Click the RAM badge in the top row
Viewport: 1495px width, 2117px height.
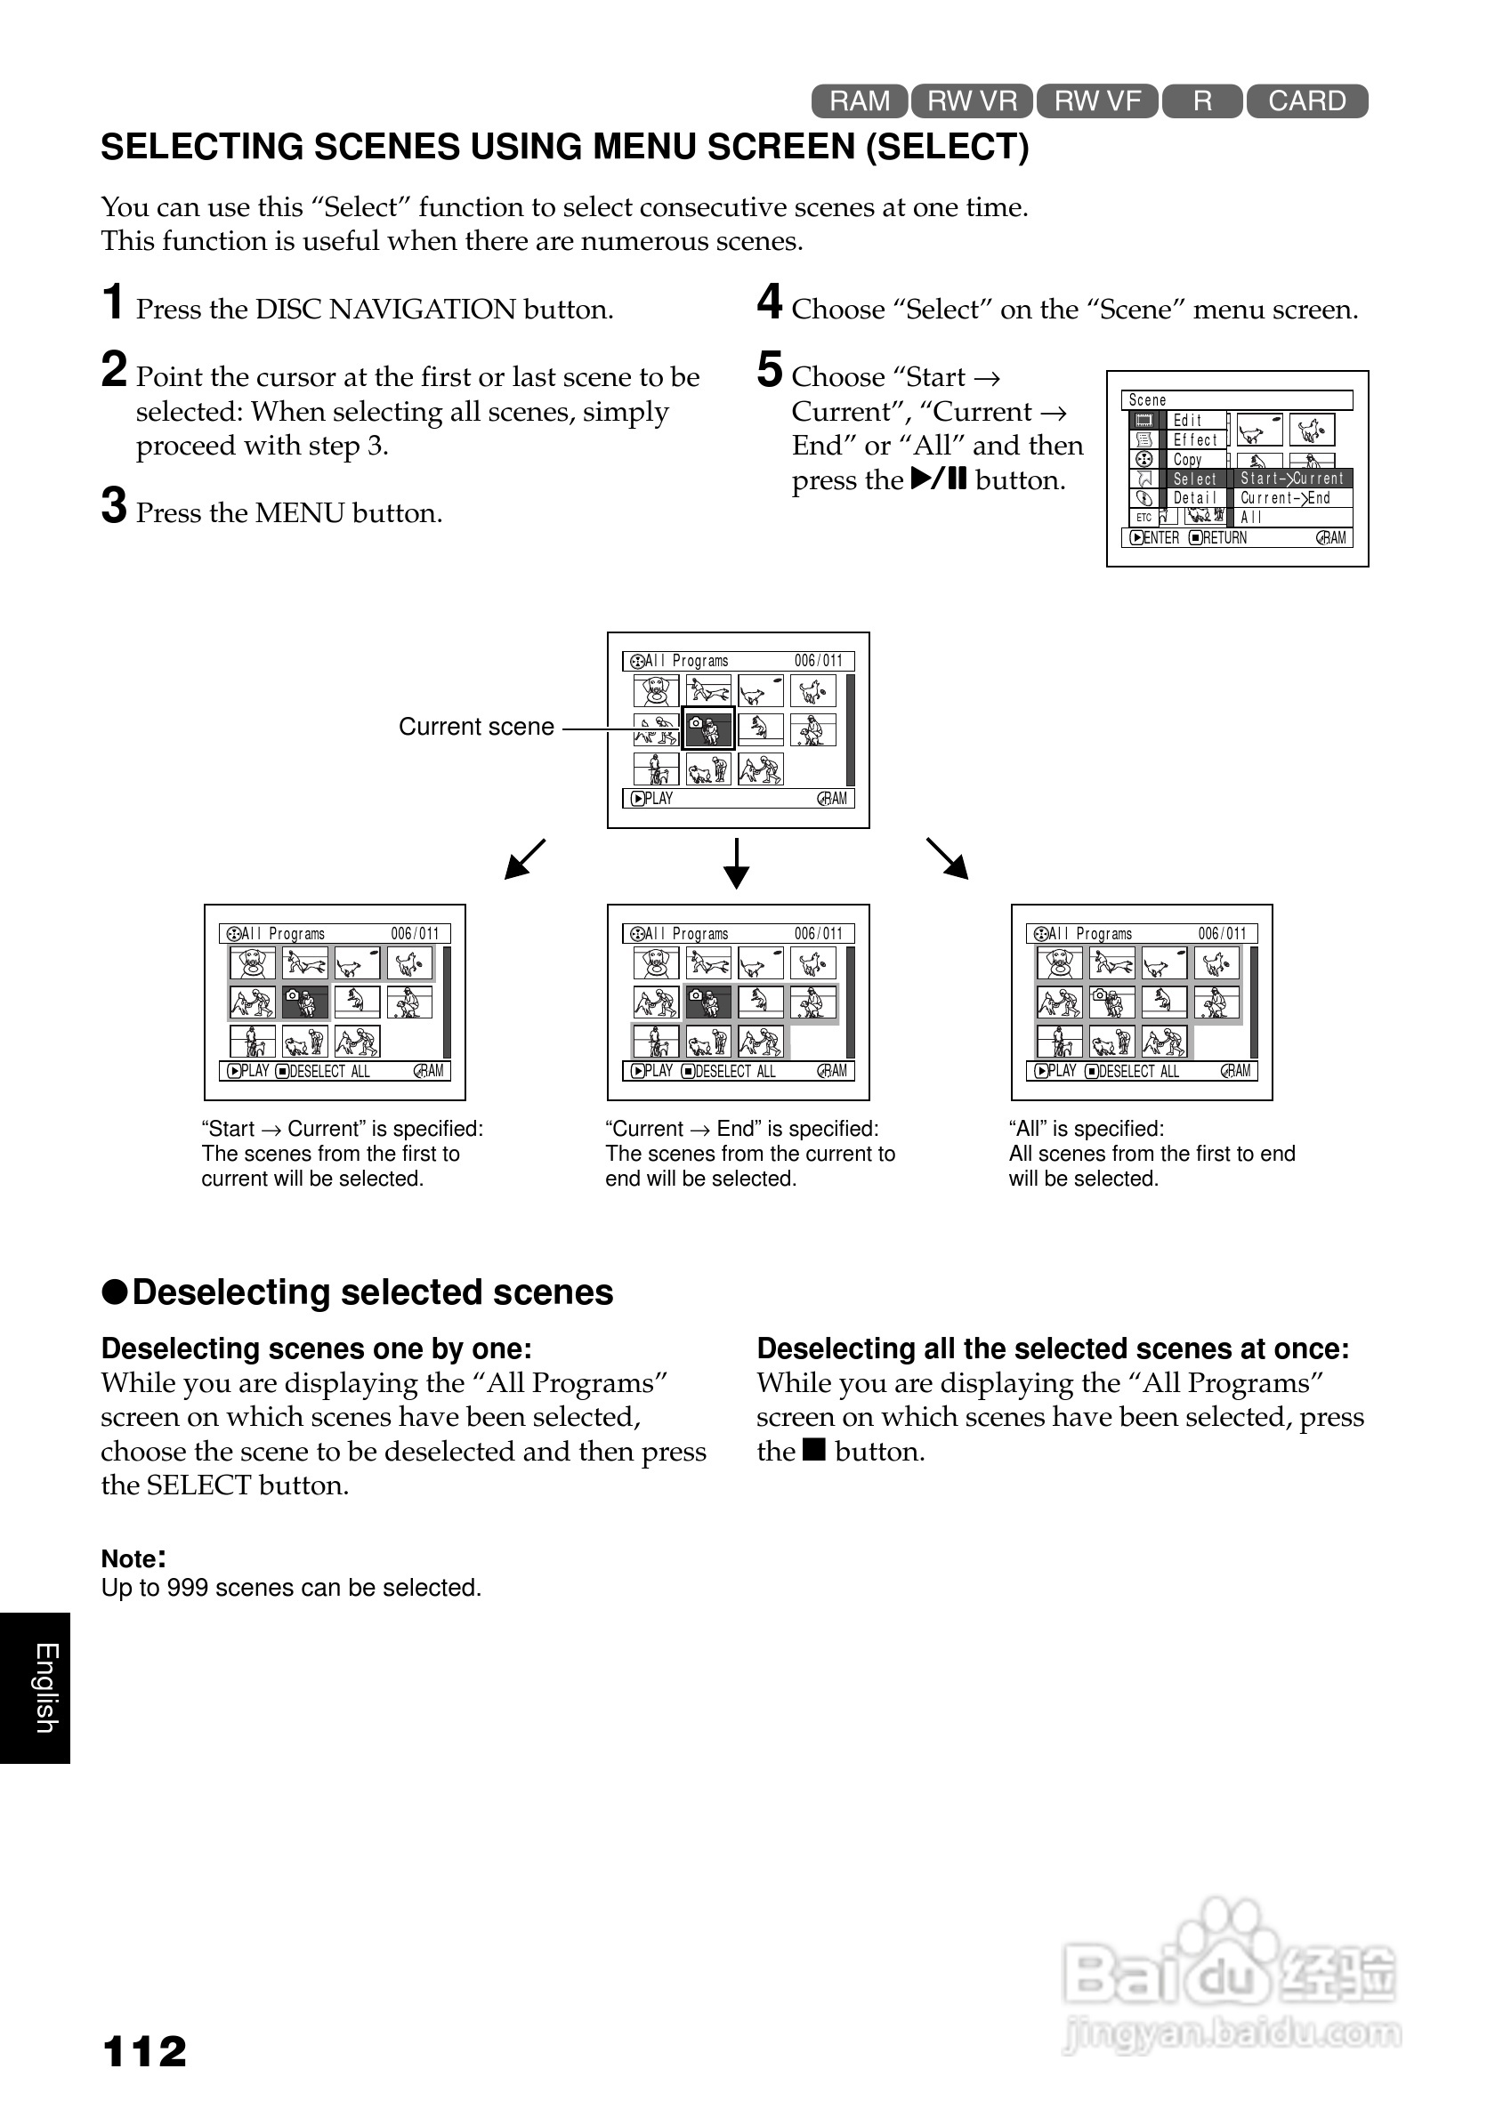pyautogui.click(x=860, y=101)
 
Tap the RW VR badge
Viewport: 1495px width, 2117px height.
pyautogui.click(x=972, y=101)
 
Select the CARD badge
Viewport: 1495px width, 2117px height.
pyautogui.click(x=1307, y=101)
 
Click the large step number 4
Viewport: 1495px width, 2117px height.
pyautogui.click(x=769, y=302)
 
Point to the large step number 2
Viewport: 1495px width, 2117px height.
pyautogui.click(x=113, y=370)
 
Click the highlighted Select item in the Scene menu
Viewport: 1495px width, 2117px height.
pyautogui.click(x=1194, y=479)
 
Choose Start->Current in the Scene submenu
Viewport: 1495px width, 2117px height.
pyautogui.click(x=1292, y=479)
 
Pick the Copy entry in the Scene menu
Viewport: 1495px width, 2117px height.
pyautogui.click(x=1188, y=459)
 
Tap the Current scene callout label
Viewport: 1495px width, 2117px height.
pyautogui.click(x=476, y=727)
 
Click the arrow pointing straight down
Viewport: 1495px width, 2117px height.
pyautogui.click(x=736, y=863)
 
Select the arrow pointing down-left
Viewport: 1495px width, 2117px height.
pyautogui.click(x=525, y=858)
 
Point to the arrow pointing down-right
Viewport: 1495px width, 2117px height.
pyautogui.click(x=947, y=858)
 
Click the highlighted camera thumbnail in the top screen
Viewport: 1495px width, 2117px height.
pyautogui.click(x=707, y=729)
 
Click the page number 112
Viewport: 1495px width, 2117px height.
pyautogui.click(x=145, y=2051)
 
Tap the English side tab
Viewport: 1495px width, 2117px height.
pyautogui.click(x=45, y=1687)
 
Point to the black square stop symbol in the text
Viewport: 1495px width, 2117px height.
pyautogui.click(x=813, y=1450)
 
